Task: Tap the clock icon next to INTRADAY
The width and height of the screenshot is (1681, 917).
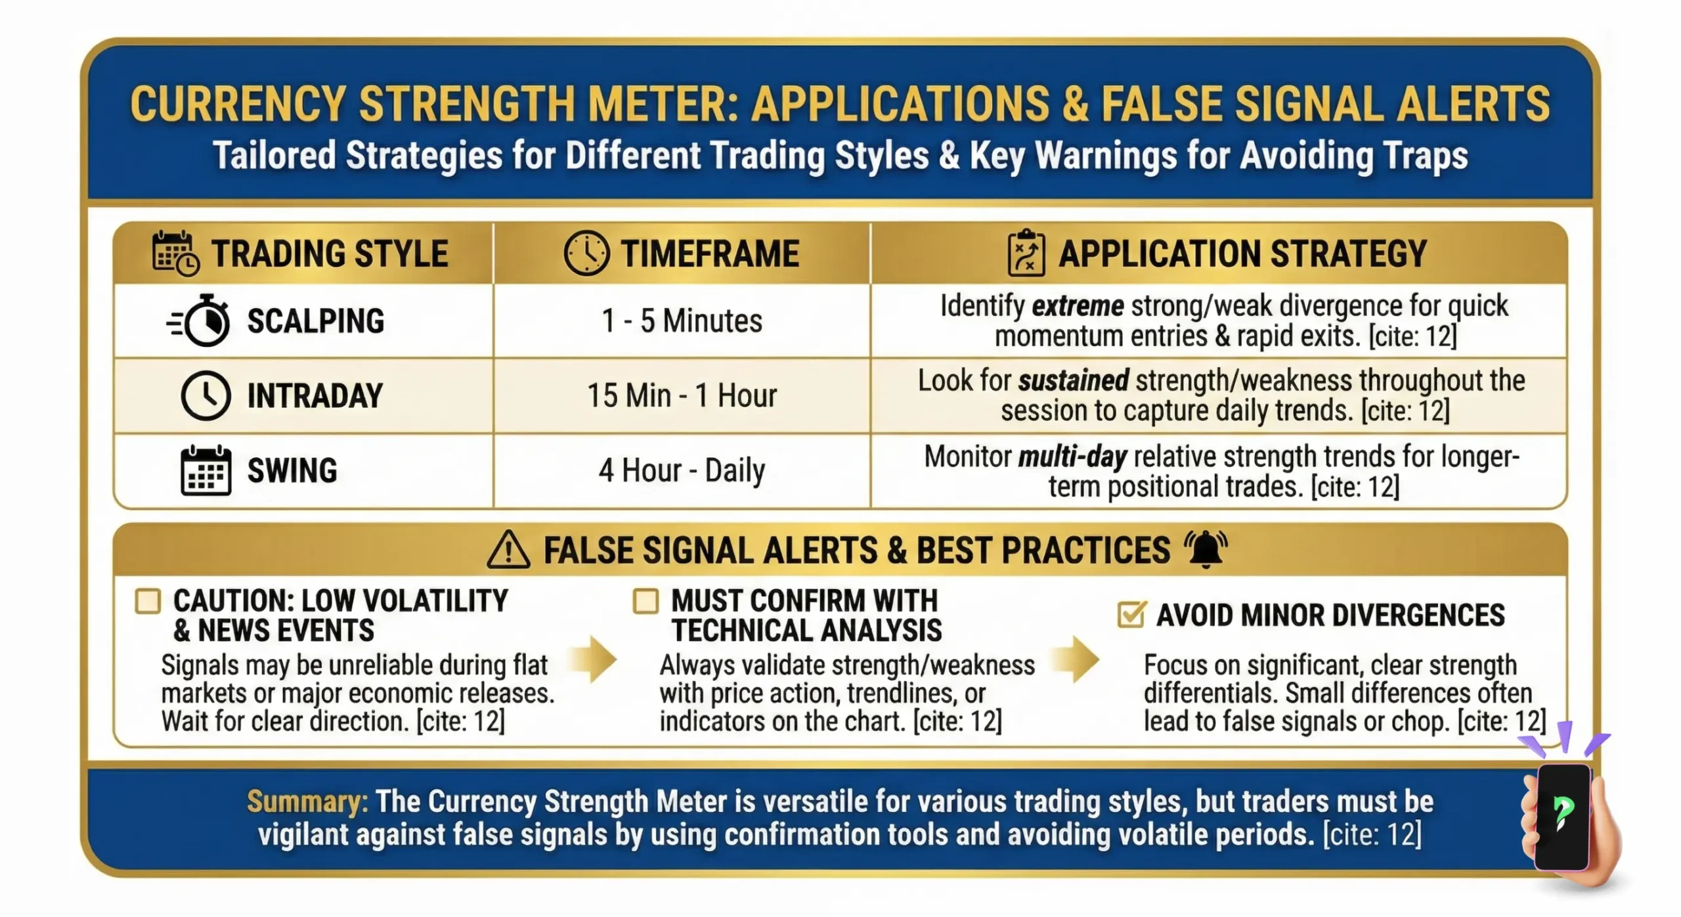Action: point(206,395)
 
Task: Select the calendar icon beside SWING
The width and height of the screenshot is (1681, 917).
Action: point(206,470)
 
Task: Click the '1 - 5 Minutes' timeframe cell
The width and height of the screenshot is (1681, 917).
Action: point(682,321)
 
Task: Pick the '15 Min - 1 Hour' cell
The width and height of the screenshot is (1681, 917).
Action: point(682,395)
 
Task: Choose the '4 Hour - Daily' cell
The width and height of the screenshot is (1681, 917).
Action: point(682,470)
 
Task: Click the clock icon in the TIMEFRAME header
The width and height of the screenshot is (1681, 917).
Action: point(586,253)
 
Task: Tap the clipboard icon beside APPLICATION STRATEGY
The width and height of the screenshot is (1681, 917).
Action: point(1026,253)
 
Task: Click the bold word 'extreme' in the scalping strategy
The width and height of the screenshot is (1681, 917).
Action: point(1078,306)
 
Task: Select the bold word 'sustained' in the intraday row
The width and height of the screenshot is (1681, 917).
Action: point(1074,381)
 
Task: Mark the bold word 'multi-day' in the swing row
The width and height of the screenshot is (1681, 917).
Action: point(1072,457)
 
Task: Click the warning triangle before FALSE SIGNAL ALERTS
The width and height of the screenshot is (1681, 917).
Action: point(508,550)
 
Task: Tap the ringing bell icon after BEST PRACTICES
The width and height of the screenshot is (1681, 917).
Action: point(1206,549)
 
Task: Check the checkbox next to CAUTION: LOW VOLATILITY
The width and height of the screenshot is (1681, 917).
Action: point(148,601)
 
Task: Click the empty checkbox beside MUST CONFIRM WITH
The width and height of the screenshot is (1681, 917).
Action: point(645,601)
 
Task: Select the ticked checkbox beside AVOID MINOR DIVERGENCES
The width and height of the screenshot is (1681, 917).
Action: point(1131,615)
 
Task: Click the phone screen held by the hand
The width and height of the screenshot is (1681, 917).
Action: point(1563,815)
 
